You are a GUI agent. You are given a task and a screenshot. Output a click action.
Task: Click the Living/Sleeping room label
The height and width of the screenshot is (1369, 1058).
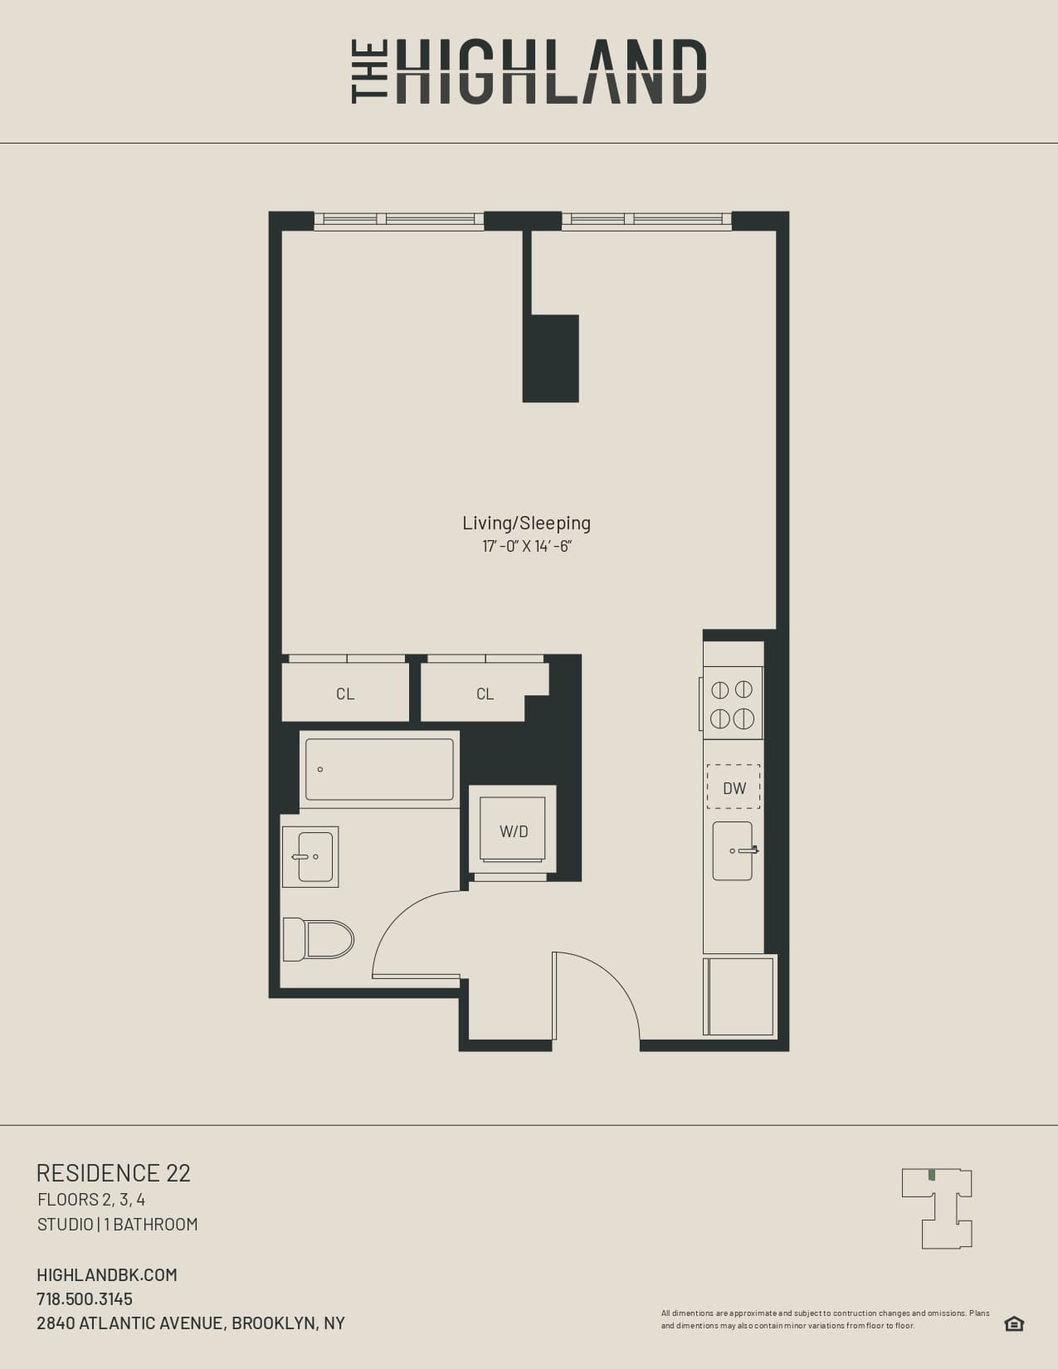click(x=526, y=523)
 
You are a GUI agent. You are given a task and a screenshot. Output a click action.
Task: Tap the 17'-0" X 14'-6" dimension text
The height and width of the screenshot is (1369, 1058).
click(x=527, y=547)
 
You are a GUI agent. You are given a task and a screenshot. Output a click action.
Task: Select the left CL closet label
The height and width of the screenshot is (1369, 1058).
click(x=345, y=694)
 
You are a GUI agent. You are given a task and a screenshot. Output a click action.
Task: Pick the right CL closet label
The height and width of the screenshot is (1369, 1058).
click(x=485, y=694)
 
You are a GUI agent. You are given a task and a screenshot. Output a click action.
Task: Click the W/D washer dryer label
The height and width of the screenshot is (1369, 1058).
click(x=514, y=831)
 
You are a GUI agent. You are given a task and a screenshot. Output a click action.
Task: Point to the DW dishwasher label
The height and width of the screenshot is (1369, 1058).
click(x=734, y=787)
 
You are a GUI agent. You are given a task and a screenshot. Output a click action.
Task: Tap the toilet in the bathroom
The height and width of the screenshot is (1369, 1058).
click(x=319, y=939)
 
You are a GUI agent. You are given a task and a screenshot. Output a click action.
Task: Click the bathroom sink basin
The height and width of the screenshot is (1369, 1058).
click(x=312, y=856)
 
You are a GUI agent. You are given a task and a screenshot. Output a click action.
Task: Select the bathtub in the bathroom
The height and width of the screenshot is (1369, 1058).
click(x=379, y=769)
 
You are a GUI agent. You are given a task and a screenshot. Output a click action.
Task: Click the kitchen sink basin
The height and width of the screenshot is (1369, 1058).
click(x=733, y=850)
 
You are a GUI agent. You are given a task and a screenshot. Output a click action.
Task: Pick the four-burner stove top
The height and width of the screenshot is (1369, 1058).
click(x=733, y=703)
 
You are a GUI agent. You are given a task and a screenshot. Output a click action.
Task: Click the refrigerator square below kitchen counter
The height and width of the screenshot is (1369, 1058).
click(x=740, y=996)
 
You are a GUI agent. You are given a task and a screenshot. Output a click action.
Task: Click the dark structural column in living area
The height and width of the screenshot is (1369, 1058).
click(x=551, y=358)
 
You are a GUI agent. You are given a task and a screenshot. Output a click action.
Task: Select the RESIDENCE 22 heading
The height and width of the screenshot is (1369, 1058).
click(x=114, y=1172)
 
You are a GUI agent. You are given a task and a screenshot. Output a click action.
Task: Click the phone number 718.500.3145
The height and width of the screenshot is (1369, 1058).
click(x=85, y=1298)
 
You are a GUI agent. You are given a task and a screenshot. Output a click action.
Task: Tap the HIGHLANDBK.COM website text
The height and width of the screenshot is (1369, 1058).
click(x=107, y=1274)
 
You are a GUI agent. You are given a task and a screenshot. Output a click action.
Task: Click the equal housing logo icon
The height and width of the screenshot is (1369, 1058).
click(x=1014, y=1323)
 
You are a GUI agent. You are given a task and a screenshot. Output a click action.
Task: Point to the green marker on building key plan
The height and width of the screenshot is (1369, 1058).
click(x=932, y=1175)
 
